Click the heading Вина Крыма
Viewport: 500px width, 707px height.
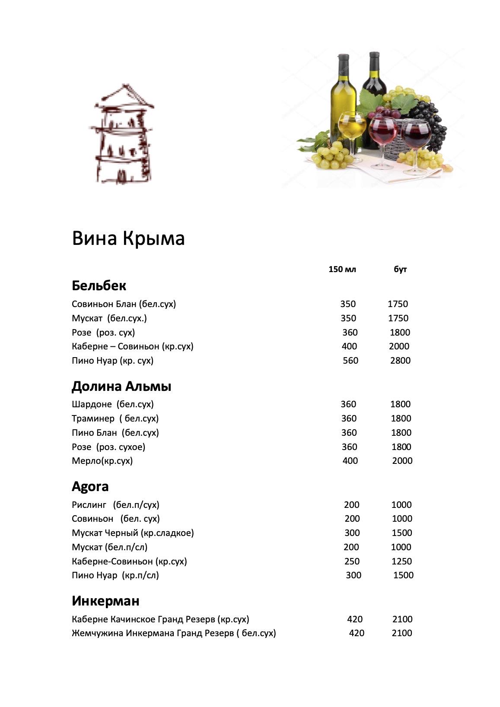click(x=128, y=238)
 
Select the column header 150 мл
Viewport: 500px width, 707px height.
click(x=342, y=269)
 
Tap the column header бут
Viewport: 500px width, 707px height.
click(x=400, y=269)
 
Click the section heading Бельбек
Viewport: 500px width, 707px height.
click(x=99, y=285)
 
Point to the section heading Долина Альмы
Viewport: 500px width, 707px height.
click(x=121, y=386)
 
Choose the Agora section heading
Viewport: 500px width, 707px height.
click(x=90, y=487)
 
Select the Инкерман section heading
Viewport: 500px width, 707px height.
click(x=105, y=601)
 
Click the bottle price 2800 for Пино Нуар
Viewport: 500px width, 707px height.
click(x=400, y=361)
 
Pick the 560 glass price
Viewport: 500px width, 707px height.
click(x=350, y=361)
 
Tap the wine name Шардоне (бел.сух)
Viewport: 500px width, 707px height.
click(x=113, y=404)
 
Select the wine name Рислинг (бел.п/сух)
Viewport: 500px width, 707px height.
click(x=115, y=505)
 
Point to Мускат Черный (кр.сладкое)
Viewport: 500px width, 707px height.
click(x=133, y=533)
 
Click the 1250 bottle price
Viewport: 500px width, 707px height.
click(x=401, y=561)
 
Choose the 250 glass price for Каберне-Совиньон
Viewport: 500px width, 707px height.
click(x=352, y=561)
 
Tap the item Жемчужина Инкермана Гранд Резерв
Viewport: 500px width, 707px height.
click(x=174, y=633)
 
